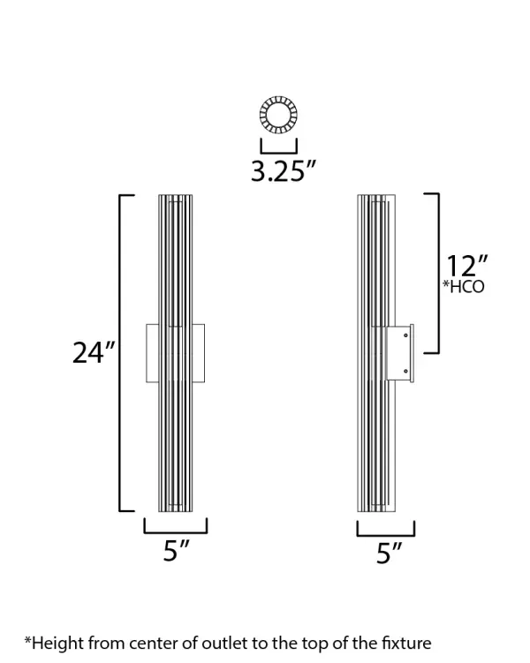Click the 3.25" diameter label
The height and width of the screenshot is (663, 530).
[x=283, y=170]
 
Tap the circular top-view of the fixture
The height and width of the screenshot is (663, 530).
[x=278, y=116]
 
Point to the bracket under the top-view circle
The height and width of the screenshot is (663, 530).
[x=278, y=146]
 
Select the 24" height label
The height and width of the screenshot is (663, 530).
[x=94, y=352]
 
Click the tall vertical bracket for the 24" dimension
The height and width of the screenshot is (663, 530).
[x=122, y=352]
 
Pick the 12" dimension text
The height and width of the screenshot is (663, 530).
[x=467, y=266]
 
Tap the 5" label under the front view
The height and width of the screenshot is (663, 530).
[x=177, y=553]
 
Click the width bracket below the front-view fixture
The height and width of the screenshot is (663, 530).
[x=176, y=530]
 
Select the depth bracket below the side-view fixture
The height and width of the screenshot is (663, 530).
[x=386, y=532]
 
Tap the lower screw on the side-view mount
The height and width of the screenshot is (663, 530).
[x=405, y=371]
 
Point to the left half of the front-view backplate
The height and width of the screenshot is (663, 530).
[x=152, y=353]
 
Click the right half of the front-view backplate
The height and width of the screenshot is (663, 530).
[x=199, y=353]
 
